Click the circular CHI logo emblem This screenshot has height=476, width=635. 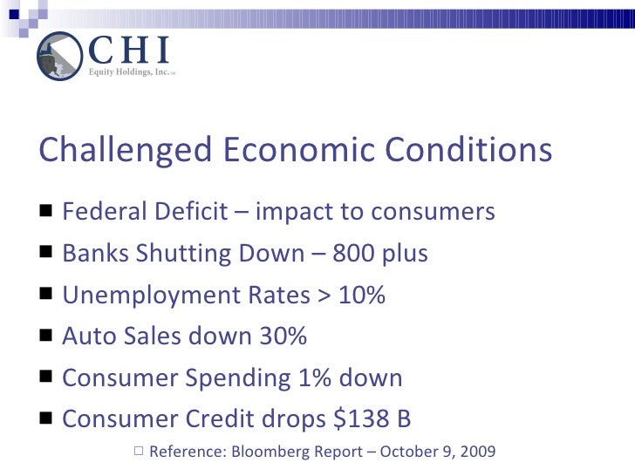tap(58, 56)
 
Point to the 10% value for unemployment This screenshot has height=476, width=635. tap(358, 296)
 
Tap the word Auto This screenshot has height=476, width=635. tap(84, 337)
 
